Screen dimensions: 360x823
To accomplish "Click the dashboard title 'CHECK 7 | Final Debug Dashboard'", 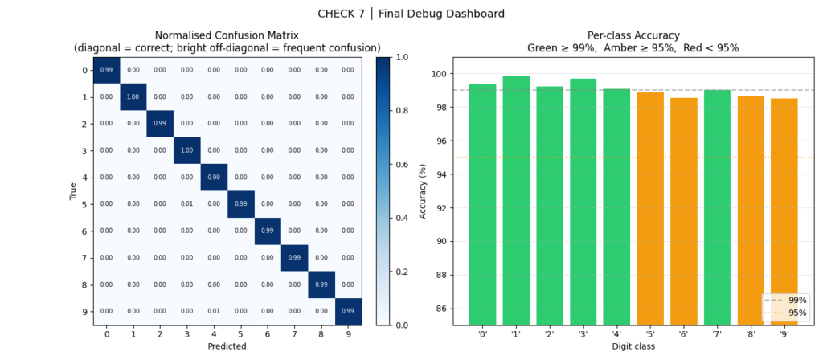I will [411, 13].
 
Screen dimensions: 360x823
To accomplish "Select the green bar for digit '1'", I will [516, 201].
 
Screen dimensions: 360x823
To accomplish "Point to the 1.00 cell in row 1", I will [133, 97].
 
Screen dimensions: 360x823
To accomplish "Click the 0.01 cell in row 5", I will [186, 204].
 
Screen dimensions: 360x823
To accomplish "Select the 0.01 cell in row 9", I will [214, 311].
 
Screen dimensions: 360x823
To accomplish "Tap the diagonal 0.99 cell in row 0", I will [107, 71].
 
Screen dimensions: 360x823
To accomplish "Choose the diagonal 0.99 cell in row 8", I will [321, 284].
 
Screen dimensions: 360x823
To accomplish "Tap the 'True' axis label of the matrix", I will [73, 190].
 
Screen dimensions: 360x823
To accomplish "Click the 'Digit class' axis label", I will [633, 346].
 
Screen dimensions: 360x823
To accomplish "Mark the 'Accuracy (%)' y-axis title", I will [424, 191].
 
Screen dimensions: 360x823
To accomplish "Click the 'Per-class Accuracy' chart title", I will [633, 35].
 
